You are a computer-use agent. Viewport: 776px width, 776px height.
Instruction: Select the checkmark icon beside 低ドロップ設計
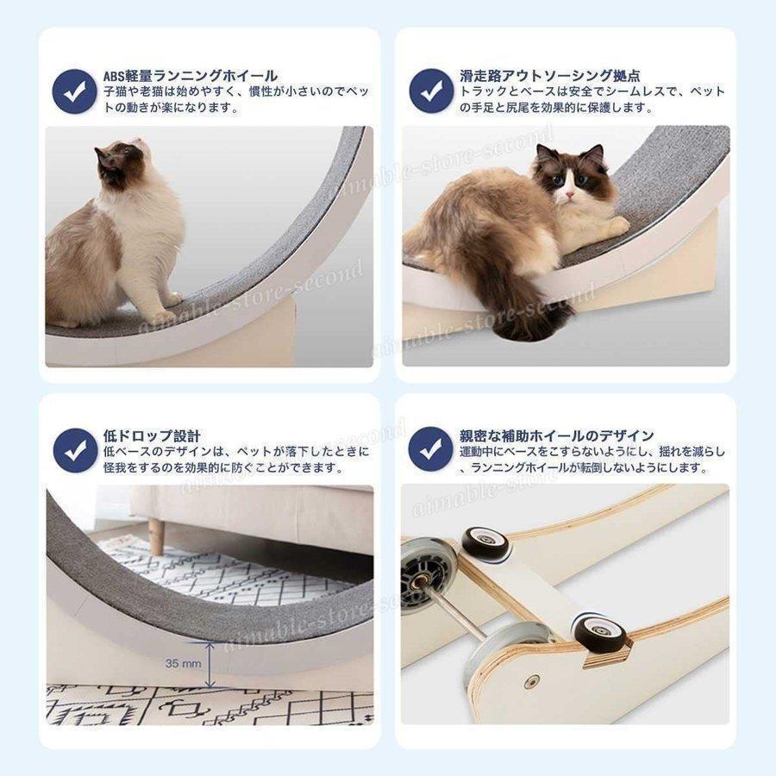74,450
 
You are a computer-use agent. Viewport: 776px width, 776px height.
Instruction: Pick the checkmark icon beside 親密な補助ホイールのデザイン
430,450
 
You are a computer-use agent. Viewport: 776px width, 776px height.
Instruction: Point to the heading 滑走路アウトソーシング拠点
544,76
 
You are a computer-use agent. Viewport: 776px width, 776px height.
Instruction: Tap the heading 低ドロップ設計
152,436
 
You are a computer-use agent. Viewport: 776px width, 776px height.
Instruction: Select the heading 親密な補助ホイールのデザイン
556,436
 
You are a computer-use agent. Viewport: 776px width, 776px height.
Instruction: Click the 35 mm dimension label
184,664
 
